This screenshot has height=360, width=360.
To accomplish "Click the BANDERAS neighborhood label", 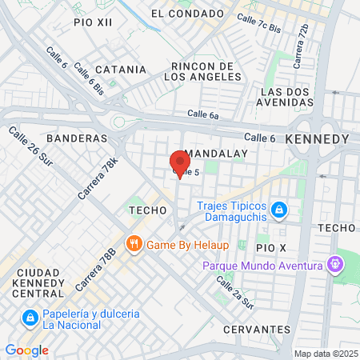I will pyautogui.click(x=77, y=138).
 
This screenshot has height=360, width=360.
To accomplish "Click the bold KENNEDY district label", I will pyautogui.click(x=317, y=139).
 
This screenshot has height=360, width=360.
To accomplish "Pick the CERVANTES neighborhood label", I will pyautogui.click(x=256, y=330).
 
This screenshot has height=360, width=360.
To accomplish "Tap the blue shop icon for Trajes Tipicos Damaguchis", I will pyautogui.click(x=278, y=210).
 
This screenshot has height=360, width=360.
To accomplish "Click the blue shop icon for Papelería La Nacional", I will pyautogui.click(x=29, y=319).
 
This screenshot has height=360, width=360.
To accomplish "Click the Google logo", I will pyautogui.click(x=26, y=350).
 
